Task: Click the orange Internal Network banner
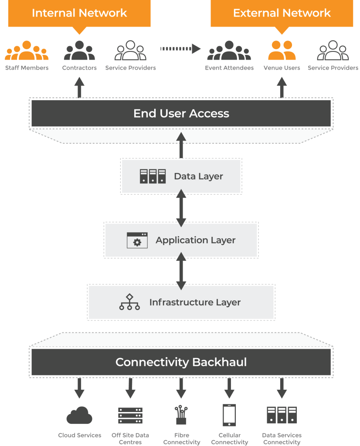79,13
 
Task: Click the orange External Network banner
282,13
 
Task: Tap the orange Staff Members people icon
27,51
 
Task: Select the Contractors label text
79,68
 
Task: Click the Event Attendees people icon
229,51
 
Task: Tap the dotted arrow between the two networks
180,48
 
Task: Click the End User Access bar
181,114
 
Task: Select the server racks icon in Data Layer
153,176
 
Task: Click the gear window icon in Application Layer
137,240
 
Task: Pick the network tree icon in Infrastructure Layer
129,302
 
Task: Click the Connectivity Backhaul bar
181,362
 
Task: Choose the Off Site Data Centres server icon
130,416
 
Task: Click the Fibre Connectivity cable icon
181,415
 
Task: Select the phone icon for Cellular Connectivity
229,415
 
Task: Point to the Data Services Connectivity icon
282,415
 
